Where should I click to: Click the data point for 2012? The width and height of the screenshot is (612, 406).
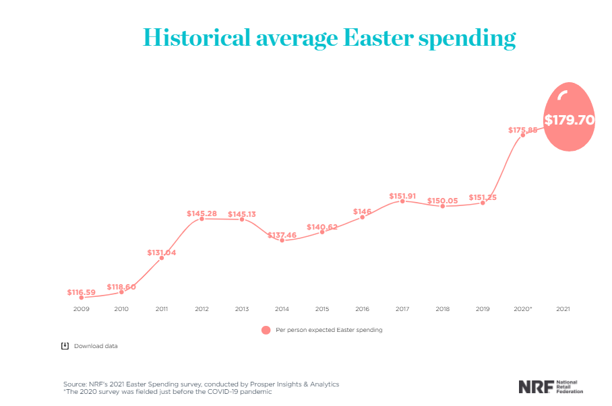(x=202, y=219)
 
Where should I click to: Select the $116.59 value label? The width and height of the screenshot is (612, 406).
(x=81, y=292)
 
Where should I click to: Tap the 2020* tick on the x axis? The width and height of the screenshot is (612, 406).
(x=523, y=308)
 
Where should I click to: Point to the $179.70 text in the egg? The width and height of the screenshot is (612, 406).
(x=570, y=121)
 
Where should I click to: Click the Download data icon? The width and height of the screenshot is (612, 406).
(x=65, y=346)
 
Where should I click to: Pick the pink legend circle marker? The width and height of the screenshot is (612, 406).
(x=266, y=330)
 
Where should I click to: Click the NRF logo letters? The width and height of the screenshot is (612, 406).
(x=536, y=386)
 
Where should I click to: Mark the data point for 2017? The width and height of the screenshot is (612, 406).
(x=402, y=201)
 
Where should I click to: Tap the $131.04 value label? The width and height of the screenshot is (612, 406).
(x=161, y=252)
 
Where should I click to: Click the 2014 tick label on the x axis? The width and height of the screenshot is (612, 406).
(x=282, y=308)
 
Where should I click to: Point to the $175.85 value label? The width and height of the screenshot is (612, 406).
(x=522, y=130)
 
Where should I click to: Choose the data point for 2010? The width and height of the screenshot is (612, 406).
(x=121, y=292)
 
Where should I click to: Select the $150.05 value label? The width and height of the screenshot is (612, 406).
(x=442, y=201)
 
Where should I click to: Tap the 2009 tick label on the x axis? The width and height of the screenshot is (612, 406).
(x=81, y=308)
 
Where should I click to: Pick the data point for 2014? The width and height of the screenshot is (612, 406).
(x=282, y=240)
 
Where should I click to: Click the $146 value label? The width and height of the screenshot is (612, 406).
(x=362, y=211)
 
